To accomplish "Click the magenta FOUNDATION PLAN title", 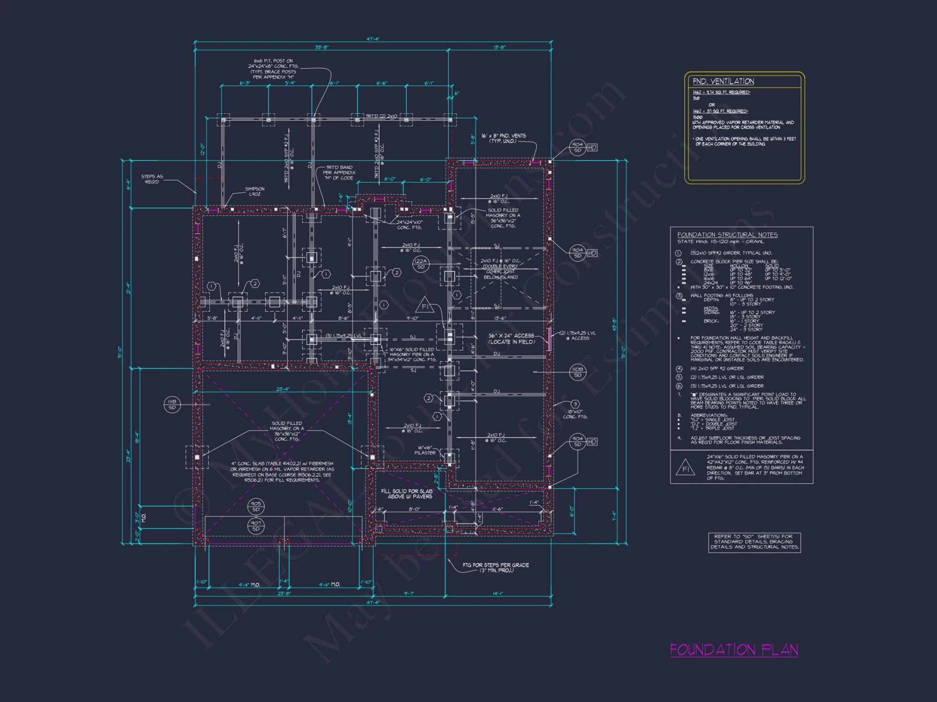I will pos(734,650).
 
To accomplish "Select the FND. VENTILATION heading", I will pos(723,81).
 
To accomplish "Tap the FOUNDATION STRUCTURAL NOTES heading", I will pos(727,235).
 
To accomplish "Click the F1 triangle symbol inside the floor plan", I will pos(425,306).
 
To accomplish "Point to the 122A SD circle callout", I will pos(421,264).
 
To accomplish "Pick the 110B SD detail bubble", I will pos(578,372).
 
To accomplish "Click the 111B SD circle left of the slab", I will pos(172,404).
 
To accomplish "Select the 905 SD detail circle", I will pos(256,506).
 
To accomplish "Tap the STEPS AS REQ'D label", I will pos(152,179).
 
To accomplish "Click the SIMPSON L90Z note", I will pos(254,191).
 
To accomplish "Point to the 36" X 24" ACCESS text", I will pos(511,338).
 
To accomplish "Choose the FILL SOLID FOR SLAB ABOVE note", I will pos(406,494).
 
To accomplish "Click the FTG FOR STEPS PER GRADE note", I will pos(496,567).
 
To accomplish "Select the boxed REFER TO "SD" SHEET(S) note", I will pos(754,541).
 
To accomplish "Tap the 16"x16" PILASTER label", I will pos(425,450).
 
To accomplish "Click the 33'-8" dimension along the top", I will pos(321,47).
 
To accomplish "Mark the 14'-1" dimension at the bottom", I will pos(498,593).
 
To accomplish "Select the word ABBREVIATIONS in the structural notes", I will pos(708,415).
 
